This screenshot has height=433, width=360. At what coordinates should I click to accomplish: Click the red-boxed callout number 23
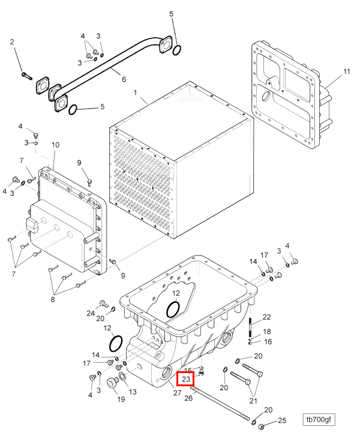(x=185, y=379)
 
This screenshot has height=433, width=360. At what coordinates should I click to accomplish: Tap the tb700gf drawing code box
(x=319, y=419)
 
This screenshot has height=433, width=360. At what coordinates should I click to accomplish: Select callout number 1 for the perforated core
(x=135, y=92)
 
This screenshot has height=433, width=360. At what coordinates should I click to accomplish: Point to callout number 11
(x=346, y=71)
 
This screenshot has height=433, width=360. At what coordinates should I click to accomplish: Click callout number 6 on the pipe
(x=124, y=79)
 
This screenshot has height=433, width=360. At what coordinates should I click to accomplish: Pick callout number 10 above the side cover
(x=56, y=145)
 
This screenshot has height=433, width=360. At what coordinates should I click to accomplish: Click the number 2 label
(x=12, y=42)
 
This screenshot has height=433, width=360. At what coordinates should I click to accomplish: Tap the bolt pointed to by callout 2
(x=27, y=76)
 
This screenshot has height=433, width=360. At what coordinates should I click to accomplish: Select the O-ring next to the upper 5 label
(x=177, y=50)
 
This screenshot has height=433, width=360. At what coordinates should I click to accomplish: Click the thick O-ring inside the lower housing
(x=173, y=309)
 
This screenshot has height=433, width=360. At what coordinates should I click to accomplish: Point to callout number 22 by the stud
(x=266, y=317)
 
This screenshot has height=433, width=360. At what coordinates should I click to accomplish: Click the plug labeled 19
(x=113, y=382)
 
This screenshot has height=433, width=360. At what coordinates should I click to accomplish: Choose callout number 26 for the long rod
(x=188, y=398)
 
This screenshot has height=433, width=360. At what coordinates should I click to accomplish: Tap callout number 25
(x=282, y=420)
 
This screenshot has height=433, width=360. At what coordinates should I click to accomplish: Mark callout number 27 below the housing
(x=177, y=393)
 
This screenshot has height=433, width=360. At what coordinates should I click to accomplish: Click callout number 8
(x=52, y=299)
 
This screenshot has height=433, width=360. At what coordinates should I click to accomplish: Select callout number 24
(x=91, y=313)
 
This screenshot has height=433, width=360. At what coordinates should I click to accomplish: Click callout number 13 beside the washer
(x=133, y=392)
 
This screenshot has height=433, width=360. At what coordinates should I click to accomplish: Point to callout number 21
(x=253, y=401)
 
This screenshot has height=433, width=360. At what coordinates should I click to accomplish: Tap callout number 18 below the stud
(x=267, y=332)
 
